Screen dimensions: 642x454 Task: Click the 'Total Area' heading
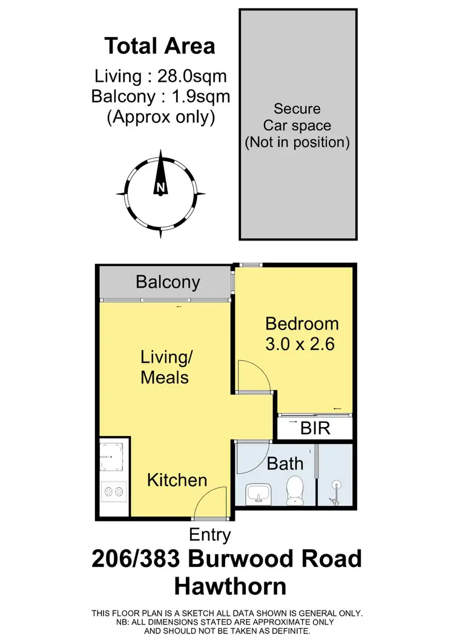[x=160, y=46]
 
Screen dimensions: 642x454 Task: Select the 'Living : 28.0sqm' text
[x=160, y=76]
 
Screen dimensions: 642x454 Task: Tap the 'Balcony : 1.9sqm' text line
[x=160, y=96]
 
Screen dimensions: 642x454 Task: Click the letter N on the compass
[x=160, y=187]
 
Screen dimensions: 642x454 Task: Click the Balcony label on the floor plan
[x=168, y=282]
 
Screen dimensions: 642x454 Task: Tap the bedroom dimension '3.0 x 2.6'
[x=300, y=345]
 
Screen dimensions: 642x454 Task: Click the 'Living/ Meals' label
[x=165, y=367]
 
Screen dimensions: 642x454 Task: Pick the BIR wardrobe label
[x=315, y=428]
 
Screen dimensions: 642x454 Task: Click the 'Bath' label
[x=285, y=464]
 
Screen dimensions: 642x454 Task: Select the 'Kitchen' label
[x=177, y=480]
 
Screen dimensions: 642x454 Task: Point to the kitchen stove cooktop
[x=113, y=491]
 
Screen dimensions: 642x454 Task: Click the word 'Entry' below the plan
[x=209, y=535]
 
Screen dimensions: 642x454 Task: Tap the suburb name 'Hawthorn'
[x=230, y=586]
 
